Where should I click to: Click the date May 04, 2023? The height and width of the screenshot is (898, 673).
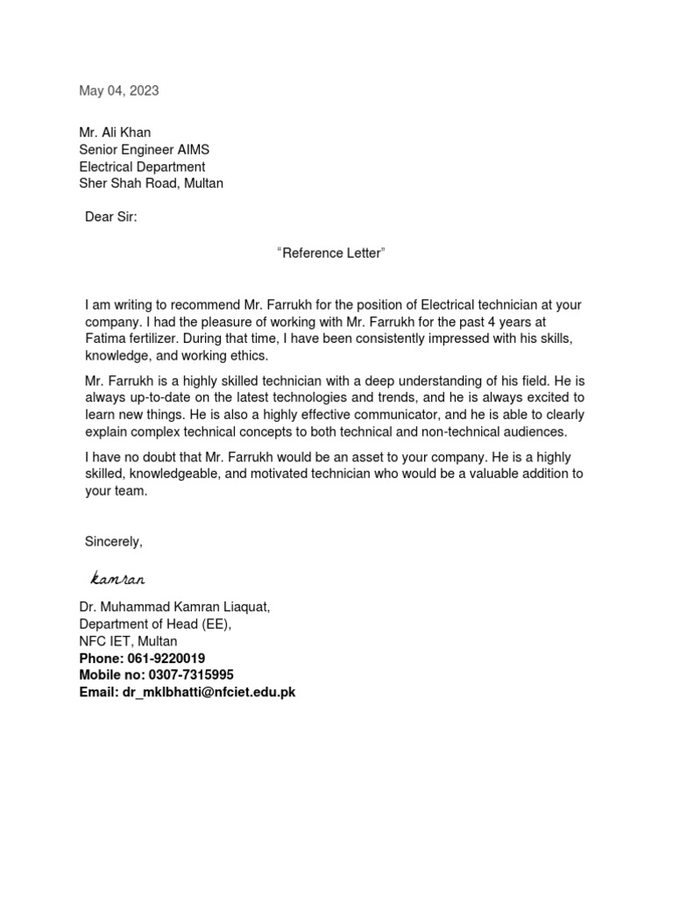119,90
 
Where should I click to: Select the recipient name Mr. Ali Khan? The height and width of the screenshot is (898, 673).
115,132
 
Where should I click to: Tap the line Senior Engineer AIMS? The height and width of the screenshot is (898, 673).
144,149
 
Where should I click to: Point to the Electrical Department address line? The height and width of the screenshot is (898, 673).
142,167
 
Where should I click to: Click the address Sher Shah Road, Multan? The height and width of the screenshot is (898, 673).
151,183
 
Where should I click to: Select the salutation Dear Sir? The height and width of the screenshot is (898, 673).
111,217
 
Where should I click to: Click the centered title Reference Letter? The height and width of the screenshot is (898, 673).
330,253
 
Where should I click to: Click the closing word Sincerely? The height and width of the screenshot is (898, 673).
113,542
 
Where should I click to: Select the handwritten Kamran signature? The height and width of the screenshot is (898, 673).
117,579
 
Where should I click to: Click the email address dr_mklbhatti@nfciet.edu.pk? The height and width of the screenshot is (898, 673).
209,692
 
